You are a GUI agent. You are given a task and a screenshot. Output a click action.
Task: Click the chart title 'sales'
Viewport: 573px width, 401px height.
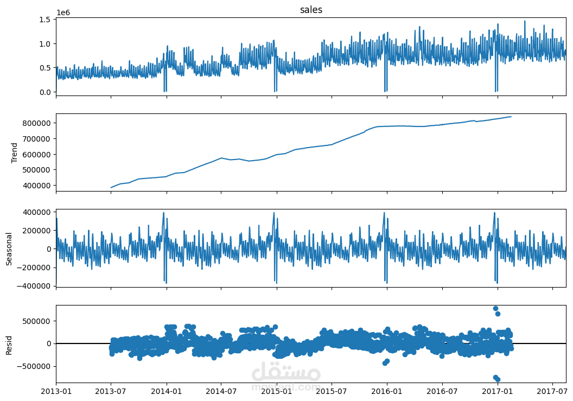coord(311,10)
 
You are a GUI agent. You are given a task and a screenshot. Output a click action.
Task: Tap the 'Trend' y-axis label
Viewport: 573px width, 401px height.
coord(15,152)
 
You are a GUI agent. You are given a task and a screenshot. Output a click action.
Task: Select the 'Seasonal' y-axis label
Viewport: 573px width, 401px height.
coord(9,248)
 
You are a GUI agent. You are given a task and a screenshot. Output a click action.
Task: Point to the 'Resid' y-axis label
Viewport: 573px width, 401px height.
coord(9,344)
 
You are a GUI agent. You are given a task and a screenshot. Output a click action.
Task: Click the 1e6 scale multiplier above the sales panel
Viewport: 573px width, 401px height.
coord(63,12)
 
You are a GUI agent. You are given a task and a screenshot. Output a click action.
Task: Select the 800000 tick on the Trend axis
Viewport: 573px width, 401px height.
coord(38,123)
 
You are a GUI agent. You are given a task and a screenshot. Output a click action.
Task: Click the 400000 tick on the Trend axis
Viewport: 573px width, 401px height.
coord(38,186)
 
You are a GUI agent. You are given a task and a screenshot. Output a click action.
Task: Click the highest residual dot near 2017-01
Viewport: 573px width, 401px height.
coord(495,308)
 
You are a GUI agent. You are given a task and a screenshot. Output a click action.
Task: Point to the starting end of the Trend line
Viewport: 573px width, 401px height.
coord(111,188)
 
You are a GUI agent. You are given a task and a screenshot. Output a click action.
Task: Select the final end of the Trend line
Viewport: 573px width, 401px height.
coord(511,117)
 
